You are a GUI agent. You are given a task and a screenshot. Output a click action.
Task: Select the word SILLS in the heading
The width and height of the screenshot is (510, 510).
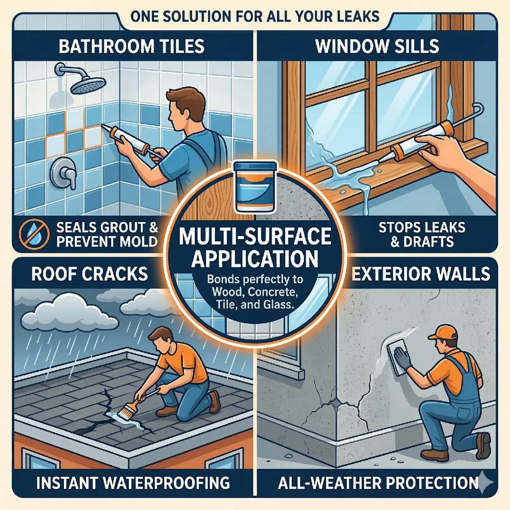pyautogui.click(x=415, y=46)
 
